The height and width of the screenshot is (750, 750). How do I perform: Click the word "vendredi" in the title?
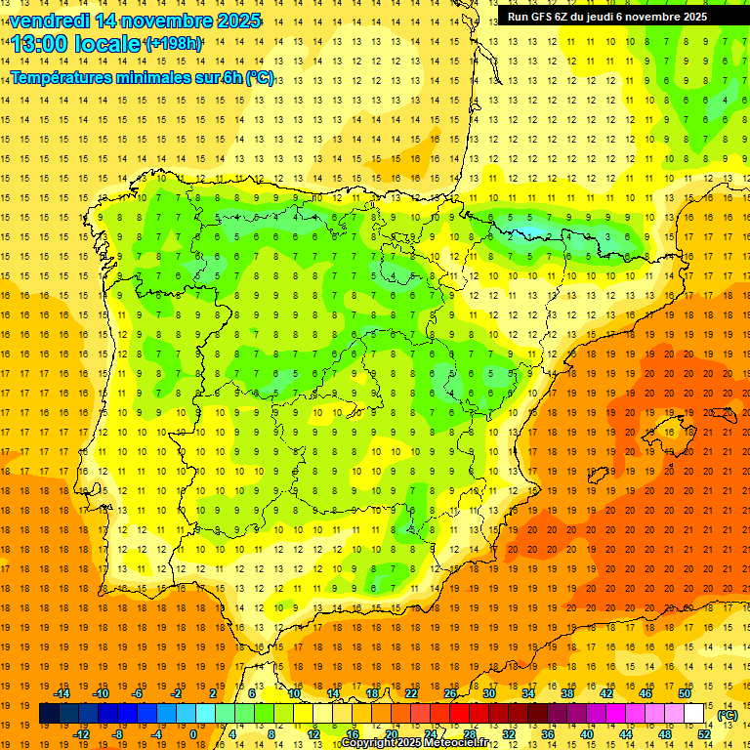[x=49, y=21]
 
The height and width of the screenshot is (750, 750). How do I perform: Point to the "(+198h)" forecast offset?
[x=174, y=44]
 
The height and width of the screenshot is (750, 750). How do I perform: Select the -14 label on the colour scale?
[x=63, y=692]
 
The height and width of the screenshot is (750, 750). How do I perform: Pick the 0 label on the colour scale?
[x=192, y=733]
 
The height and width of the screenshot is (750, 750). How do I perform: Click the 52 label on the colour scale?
[x=704, y=733]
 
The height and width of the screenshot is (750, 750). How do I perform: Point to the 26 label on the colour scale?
[x=450, y=692]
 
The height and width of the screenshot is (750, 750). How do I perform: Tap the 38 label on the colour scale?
[x=567, y=692]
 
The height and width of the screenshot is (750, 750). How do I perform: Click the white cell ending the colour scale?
[x=694, y=713]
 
